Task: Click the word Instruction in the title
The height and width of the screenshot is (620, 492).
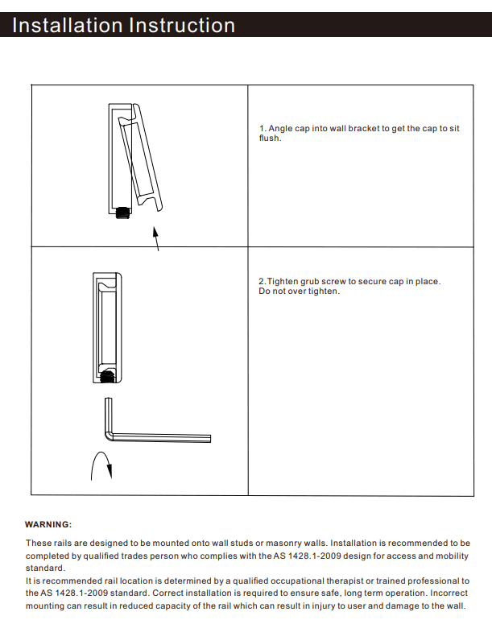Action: coord(179,26)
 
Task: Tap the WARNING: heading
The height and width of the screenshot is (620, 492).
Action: coord(48,524)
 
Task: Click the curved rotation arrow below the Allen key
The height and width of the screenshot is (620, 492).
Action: coord(99,466)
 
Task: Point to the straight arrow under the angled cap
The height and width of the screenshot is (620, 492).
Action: coord(155,238)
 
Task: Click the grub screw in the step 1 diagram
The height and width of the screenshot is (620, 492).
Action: coord(123,213)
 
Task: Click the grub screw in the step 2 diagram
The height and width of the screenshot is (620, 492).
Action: coord(108,373)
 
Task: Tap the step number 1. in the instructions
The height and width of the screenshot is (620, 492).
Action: coord(262,129)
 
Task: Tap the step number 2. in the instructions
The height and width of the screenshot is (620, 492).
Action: coord(262,281)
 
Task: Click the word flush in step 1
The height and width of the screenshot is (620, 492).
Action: coord(269,138)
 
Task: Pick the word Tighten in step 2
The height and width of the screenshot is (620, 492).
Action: coord(283,281)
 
